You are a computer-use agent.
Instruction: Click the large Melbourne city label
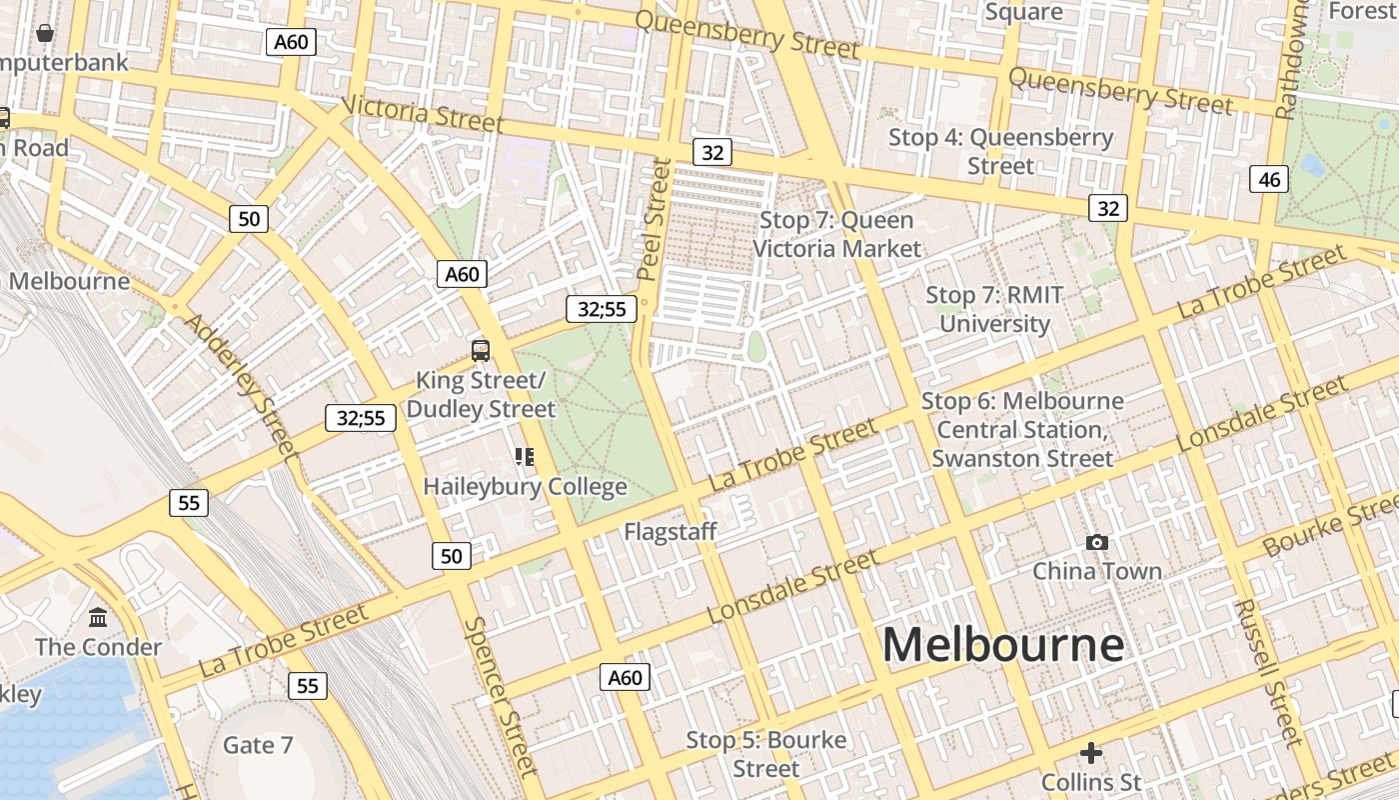coord(1002,645)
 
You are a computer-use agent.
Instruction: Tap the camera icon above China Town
coord(1096,542)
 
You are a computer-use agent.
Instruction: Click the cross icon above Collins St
coord(1090,752)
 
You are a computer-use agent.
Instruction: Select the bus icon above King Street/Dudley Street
coord(481,350)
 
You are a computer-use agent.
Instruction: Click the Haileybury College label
coord(525,487)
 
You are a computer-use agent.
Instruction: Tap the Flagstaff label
coord(670,532)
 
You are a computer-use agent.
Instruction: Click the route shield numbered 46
coord(1268,180)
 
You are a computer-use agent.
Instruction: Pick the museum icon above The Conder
coord(98,617)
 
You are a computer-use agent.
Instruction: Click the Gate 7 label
coord(258,745)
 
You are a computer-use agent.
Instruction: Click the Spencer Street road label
coord(502,696)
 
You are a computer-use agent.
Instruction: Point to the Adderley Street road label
coord(243,386)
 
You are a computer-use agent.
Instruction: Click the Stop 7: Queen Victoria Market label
coord(836,234)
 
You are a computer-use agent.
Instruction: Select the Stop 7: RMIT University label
coord(993,309)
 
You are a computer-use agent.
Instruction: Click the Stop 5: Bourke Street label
coord(765,754)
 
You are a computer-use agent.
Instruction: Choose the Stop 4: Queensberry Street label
coord(1000,151)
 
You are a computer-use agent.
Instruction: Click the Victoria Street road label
coord(422,113)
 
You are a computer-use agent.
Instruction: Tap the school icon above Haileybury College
coord(525,457)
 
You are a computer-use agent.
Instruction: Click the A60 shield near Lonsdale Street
coord(626,678)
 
